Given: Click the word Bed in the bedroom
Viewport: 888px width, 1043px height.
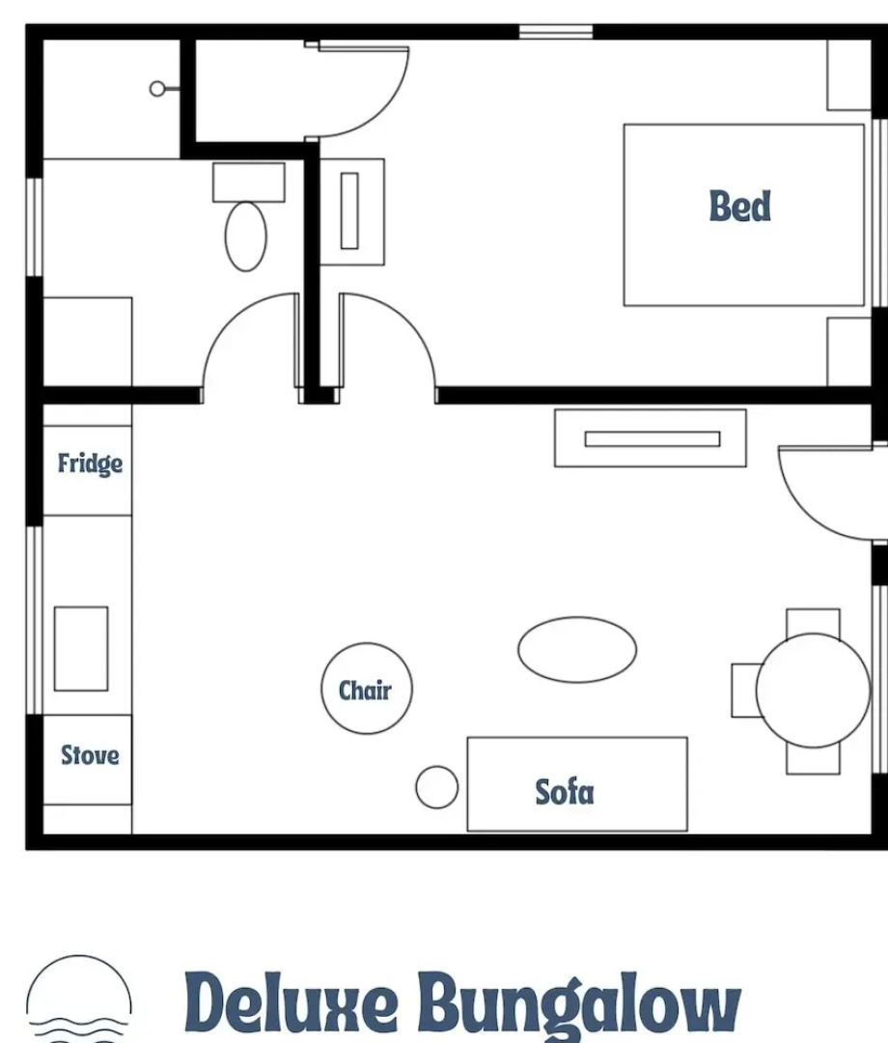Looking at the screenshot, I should pyautogui.click(x=740, y=206).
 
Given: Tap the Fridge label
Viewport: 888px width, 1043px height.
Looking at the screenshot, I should pyautogui.click(x=90, y=464).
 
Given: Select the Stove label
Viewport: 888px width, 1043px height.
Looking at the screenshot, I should pyautogui.click(x=90, y=754).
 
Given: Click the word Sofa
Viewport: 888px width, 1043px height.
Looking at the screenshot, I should pyautogui.click(x=565, y=792).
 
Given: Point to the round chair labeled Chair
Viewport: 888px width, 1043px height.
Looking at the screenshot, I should pyautogui.click(x=366, y=690).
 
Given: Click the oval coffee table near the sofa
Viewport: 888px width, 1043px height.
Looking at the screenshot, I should pyautogui.click(x=577, y=649).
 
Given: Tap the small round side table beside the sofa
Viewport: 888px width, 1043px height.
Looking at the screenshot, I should pyautogui.click(x=436, y=787).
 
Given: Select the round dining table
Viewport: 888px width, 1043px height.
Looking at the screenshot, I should pyautogui.click(x=813, y=690).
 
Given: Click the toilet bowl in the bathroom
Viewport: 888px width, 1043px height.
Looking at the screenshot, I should pyautogui.click(x=245, y=236).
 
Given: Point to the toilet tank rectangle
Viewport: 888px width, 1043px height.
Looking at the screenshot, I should pyautogui.click(x=248, y=182).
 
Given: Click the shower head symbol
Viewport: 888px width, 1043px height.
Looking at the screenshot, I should pyautogui.click(x=158, y=89).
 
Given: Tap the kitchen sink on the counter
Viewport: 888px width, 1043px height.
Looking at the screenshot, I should pyautogui.click(x=80, y=648).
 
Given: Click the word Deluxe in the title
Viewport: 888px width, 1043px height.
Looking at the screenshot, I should pyautogui.click(x=290, y=1004).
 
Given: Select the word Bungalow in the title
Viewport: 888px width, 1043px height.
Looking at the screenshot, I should pyautogui.click(x=579, y=1004).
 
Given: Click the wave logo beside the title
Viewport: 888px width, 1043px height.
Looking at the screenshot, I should pyautogui.click(x=78, y=1000).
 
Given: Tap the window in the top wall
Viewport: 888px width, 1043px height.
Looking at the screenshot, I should pyautogui.click(x=555, y=31).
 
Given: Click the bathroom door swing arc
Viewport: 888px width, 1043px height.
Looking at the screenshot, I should pyautogui.click(x=236, y=328).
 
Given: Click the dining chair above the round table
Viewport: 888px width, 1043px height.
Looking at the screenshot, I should pyautogui.click(x=813, y=621).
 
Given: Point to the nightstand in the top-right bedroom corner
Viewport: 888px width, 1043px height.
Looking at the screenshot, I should pyautogui.click(x=849, y=74).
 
